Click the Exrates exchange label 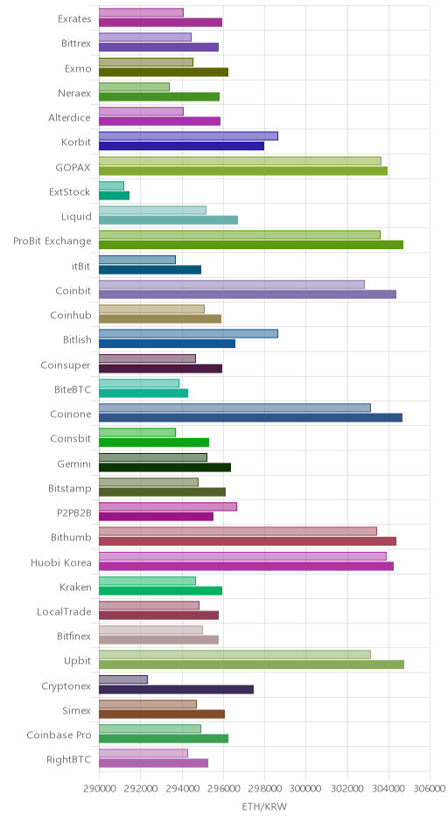74,19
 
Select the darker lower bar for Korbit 181,146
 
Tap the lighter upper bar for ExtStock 111,185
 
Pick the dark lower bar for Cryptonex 176,689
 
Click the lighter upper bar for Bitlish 188,333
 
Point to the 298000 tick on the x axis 264,789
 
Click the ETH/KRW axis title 264,807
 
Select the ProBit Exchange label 52,241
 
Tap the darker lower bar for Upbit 251,665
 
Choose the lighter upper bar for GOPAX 241,161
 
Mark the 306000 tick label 430,789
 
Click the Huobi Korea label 61,562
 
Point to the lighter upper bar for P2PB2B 168,506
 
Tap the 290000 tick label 99,789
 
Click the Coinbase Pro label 59,735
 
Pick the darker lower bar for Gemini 164,467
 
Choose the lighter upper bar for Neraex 134,87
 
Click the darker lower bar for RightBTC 154,763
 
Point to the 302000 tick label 347,789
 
